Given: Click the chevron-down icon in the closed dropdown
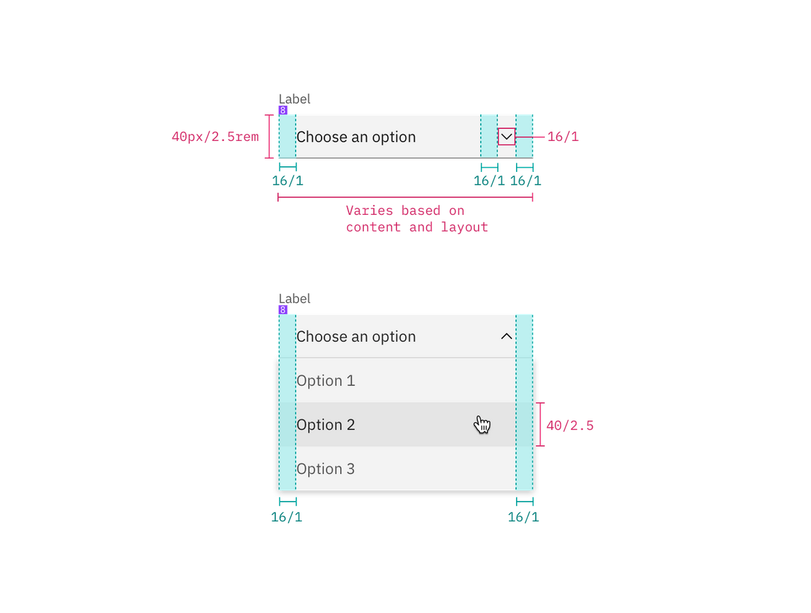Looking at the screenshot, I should click(x=506, y=137).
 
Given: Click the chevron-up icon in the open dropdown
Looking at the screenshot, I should click(x=506, y=337).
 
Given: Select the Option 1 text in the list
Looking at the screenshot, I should click(x=325, y=381).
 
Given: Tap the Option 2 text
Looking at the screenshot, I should click(x=325, y=425).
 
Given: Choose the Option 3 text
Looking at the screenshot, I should click(x=325, y=469).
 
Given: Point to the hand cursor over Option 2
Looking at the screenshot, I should click(x=482, y=424).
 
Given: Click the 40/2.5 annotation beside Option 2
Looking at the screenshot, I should click(x=571, y=426).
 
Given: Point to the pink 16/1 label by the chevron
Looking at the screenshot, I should click(x=563, y=137).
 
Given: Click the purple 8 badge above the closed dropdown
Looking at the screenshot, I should click(x=283, y=110).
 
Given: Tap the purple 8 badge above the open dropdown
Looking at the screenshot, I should click(x=283, y=309).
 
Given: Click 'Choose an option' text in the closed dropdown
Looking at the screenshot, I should click(x=356, y=137).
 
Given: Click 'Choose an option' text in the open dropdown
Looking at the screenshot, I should click(x=356, y=337).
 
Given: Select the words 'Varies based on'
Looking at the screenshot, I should click(x=405, y=211).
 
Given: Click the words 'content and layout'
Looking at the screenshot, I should click(x=416, y=228).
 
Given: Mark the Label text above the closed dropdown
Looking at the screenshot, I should click(x=294, y=98).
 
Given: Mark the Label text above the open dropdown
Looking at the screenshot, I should click(x=294, y=298).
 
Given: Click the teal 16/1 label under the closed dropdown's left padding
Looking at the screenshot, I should click(x=288, y=181).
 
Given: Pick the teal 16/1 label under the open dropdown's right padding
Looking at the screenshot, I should click(x=524, y=516).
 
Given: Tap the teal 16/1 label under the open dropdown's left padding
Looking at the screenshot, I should click(x=287, y=516).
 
